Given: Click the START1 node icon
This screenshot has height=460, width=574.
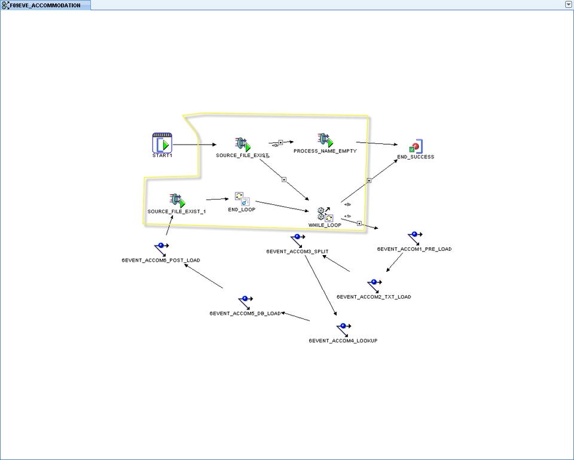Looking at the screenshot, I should point(162,143).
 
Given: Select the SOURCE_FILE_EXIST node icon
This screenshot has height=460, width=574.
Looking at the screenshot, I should point(242,144).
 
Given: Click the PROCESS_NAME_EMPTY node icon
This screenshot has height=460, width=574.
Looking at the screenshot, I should point(325,140).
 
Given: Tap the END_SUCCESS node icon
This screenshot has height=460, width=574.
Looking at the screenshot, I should point(416,146).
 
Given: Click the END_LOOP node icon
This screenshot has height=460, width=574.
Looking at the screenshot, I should point(242,199).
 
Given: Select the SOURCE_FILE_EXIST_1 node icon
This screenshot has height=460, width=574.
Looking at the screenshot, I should point(177,201).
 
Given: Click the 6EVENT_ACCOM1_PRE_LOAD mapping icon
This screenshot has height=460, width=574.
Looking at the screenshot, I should point(414,239).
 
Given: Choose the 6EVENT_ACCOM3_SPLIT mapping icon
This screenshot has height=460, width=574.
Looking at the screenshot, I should point(297,241).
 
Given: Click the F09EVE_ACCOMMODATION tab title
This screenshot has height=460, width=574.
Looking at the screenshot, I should point(45,5).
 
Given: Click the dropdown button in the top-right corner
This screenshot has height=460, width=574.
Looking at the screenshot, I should point(568,4).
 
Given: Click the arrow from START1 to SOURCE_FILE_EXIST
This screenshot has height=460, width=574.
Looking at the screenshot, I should point(195,145).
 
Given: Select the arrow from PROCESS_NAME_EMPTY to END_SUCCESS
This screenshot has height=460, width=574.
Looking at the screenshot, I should point(377,143).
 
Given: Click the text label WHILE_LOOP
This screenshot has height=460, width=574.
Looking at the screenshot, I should point(325,225).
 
